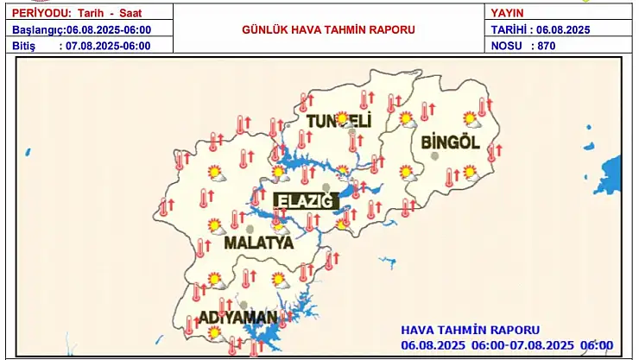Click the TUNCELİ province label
point(338,122)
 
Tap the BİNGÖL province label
point(449,142)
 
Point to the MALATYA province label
point(258,243)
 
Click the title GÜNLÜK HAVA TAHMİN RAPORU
point(327,29)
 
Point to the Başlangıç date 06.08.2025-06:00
point(115,29)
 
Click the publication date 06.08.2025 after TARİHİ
point(563,29)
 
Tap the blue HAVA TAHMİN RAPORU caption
point(470,330)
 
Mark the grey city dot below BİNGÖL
point(435,156)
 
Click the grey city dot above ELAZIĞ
point(325,187)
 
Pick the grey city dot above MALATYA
point(250,229)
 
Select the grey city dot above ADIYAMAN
point(244,304)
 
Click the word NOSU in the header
point(508,45)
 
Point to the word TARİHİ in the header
point(510,29)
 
